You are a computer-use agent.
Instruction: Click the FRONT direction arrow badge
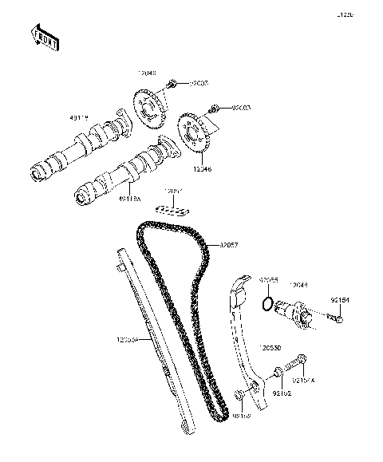(x=45, y=37)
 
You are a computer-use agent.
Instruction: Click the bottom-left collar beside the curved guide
(x=239, y=396)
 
